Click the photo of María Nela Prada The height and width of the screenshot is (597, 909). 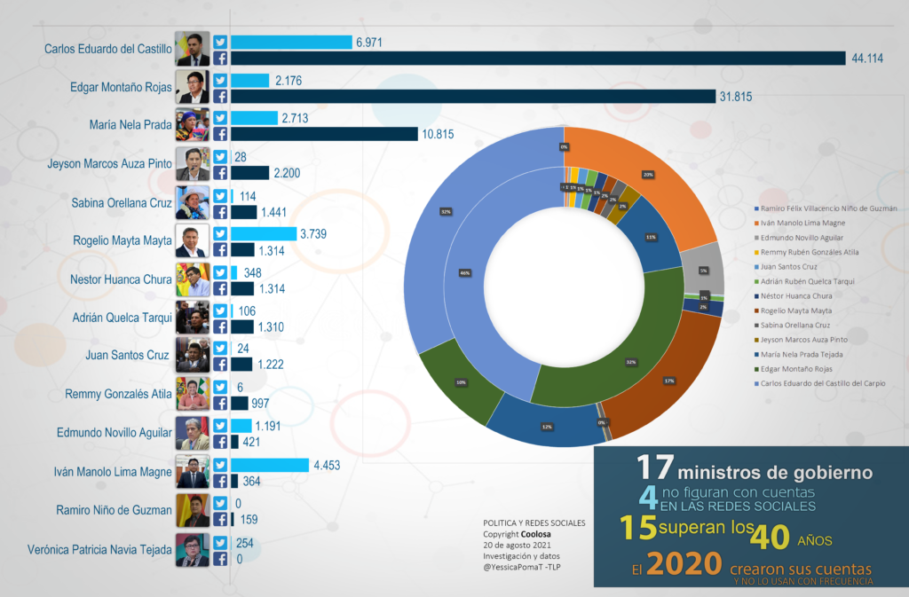click(192, 125)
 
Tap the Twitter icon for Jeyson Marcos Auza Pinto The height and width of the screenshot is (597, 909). click(220, 156)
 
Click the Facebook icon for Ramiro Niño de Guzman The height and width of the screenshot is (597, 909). click(220, 520)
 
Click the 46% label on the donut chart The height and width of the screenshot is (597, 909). click(464, 273)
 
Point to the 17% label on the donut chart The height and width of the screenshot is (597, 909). click(668, 381)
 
